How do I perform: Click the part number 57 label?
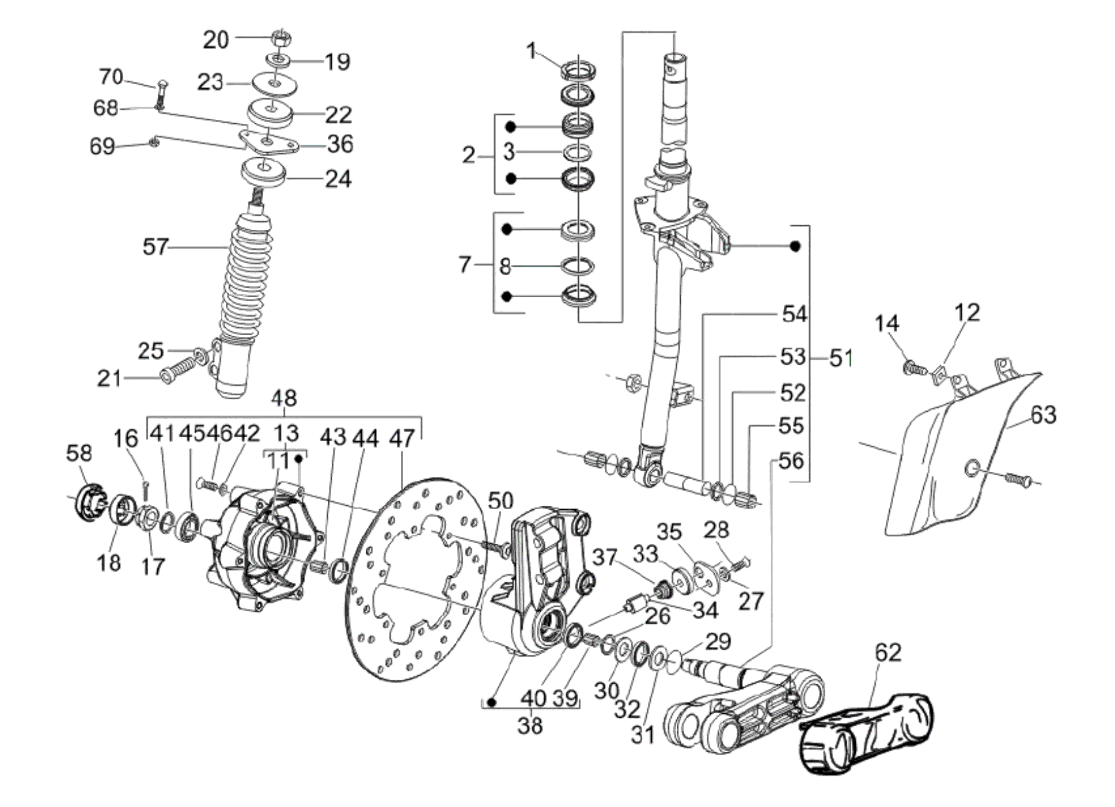point(156,247)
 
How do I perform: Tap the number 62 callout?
point(888,653)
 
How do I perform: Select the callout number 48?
point(284,399)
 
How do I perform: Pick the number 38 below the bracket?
point(530,726)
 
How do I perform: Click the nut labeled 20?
point(282,38)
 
